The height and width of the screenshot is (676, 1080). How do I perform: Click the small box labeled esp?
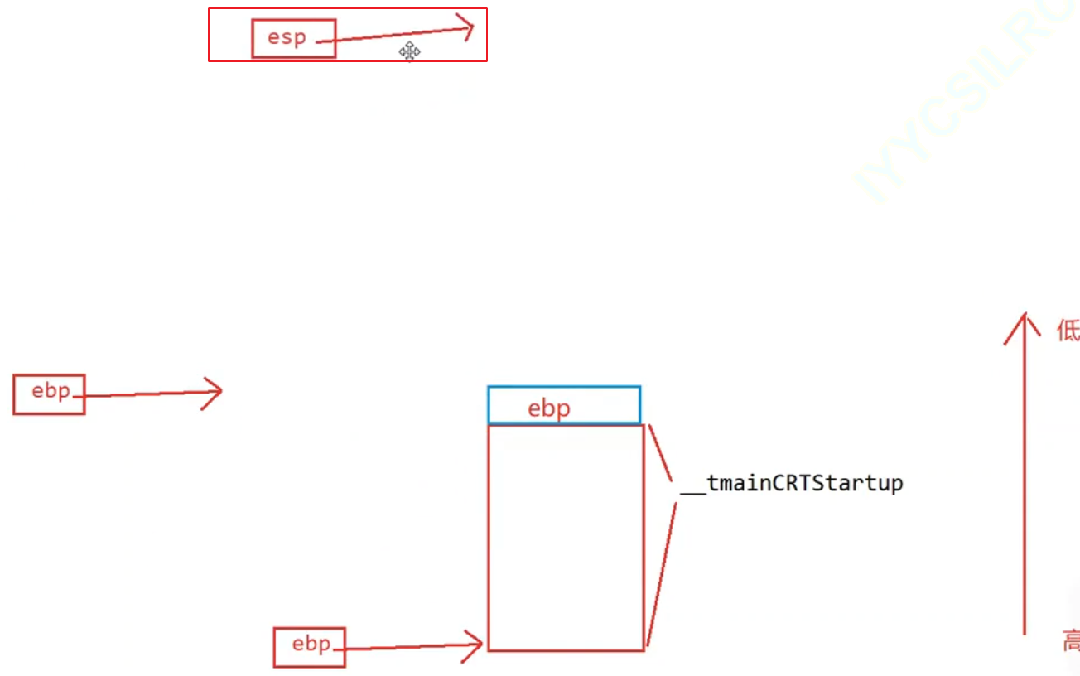(293, 39)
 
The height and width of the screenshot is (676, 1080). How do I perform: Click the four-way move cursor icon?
(409, 51)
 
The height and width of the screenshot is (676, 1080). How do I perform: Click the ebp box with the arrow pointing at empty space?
(49, 394)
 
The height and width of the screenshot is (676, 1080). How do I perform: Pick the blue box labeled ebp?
(564, 405)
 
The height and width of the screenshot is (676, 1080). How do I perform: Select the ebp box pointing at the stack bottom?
(310, 646)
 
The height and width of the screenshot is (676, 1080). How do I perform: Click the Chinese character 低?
(1068, 331)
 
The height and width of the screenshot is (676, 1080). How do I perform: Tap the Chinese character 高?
(1071, 640)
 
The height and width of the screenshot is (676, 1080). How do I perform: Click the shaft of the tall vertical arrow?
(1025, 480)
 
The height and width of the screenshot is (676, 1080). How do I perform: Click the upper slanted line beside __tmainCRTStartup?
(660, 451)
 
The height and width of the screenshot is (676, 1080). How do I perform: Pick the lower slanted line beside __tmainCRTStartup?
(662, 572)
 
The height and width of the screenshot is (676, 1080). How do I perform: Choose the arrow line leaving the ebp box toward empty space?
(149, 394)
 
